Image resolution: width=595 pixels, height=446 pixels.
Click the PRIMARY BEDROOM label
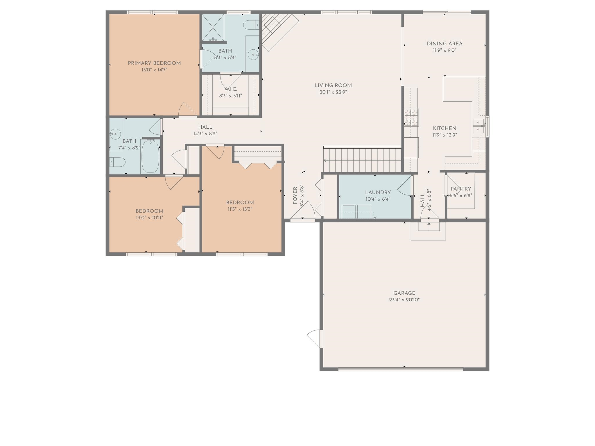pos(154,63)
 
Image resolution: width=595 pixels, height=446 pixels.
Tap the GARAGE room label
pos(404,293)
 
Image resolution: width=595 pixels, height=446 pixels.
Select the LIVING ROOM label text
pos(333,85)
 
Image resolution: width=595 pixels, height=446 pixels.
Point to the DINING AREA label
pos(445,44)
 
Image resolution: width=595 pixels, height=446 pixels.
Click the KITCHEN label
pos(445,128)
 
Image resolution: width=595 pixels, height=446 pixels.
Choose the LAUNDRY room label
pos(378,193)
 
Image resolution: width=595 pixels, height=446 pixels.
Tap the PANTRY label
pos(461,189)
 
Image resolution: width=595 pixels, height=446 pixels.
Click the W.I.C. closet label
pos(231,89)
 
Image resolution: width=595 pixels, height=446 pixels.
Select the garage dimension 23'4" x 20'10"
pos(404,300)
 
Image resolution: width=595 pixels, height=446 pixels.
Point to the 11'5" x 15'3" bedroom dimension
pos(240,209)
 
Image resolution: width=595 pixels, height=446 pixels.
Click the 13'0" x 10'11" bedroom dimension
pos(149,218)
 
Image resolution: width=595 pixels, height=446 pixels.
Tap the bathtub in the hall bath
pos(150,156)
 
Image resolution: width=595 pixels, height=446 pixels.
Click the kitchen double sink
pos(478,126)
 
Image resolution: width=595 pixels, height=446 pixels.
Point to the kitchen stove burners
pos(411,118)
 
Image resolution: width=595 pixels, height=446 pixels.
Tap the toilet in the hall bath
pos(117,162)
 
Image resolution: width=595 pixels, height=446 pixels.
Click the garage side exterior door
pos(315,339)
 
